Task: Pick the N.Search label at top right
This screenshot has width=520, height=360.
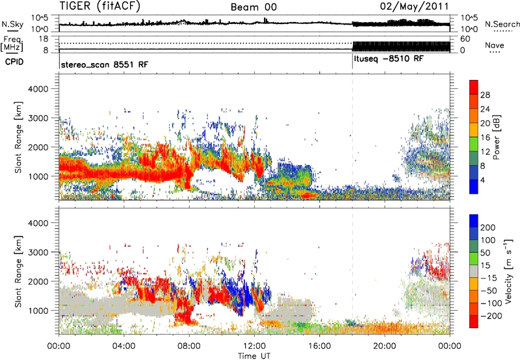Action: (502, 24)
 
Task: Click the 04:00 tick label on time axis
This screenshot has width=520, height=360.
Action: (123, 344)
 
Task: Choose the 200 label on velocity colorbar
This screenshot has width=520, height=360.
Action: (489, 229)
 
